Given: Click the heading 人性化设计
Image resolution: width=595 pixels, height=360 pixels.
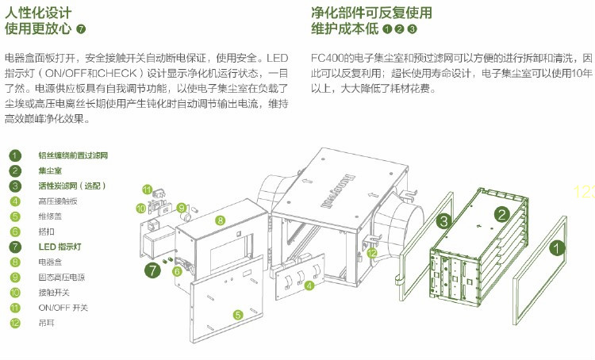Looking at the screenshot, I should (37, 13).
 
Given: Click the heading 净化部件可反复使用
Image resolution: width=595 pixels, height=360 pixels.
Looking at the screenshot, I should (372, 13).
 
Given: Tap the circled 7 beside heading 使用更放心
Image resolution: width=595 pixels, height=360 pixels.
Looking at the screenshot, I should (81, 29).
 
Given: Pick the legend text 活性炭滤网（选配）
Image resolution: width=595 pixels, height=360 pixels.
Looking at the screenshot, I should (72, 186).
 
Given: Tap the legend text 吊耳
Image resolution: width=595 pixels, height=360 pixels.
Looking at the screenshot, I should (45, 323).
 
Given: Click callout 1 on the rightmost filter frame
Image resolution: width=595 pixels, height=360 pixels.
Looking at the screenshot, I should (559, 247).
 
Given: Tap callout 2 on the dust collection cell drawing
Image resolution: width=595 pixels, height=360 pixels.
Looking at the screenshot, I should (501, 213).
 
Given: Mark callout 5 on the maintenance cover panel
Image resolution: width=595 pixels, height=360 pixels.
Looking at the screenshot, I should (237, 315).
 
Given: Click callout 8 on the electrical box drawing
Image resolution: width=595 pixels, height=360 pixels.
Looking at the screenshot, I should (220, 220).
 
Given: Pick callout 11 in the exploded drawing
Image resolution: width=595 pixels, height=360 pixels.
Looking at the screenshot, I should (147, 189).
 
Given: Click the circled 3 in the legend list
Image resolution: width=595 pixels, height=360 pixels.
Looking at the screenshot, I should (15, 186).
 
